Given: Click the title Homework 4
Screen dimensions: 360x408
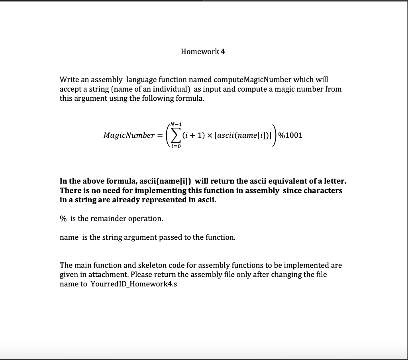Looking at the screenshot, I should pos(203,51).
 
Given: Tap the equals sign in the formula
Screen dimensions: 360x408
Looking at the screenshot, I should pos(159,135).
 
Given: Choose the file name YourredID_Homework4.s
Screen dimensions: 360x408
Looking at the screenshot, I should pos(133,284).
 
